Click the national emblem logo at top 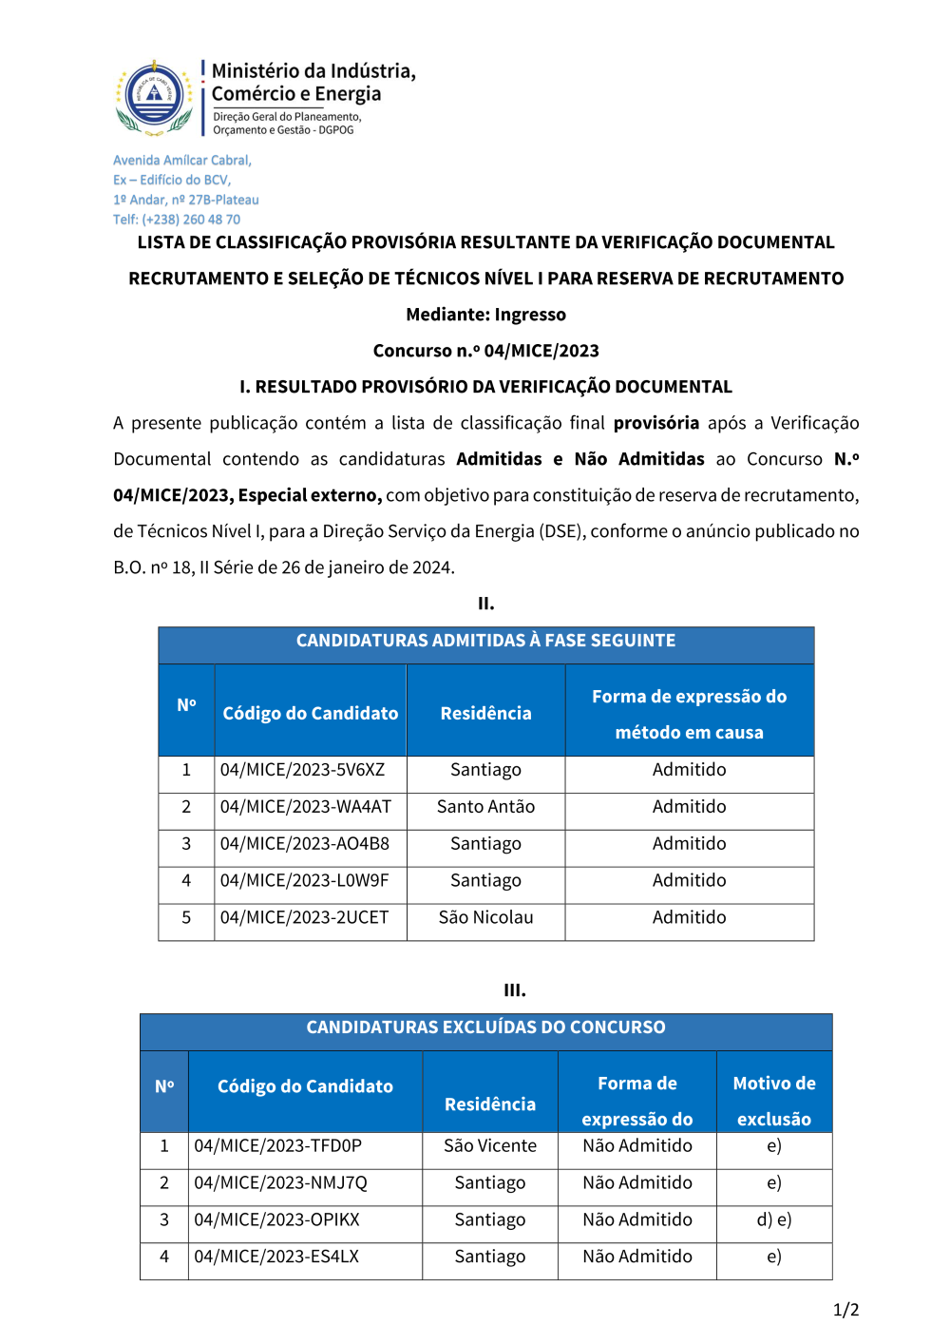(154, 97)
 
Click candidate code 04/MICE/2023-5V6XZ (302, 770)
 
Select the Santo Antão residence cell (485, 807)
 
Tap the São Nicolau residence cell (485, 918)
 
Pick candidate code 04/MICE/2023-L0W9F (304, 881)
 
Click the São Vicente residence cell (490, 1146)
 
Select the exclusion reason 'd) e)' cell (774, 1220)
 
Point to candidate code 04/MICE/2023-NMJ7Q (280, 1183)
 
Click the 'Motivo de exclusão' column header (774, 1101)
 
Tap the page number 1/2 (845, 1310)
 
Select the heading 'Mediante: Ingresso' (485, 315)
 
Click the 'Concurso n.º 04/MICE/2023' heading (485, 351)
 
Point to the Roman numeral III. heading (514, 990)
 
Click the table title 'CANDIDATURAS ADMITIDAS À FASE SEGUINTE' (485, 641)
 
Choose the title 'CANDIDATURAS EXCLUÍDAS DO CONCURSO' (485, 1027)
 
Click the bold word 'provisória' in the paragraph (655, 423)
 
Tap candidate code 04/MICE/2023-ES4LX (276, 1257)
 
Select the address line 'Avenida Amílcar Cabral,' (182, 161)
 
